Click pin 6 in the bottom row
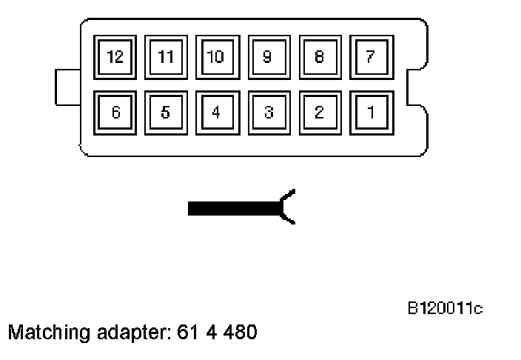[115, 113]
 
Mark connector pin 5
[166, 113]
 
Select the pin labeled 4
[217, 113]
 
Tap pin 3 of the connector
[269, 113]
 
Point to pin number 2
[320, 113]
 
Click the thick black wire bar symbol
[233, 208]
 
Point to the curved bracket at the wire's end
[288, 207]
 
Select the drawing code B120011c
[444, 307]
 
